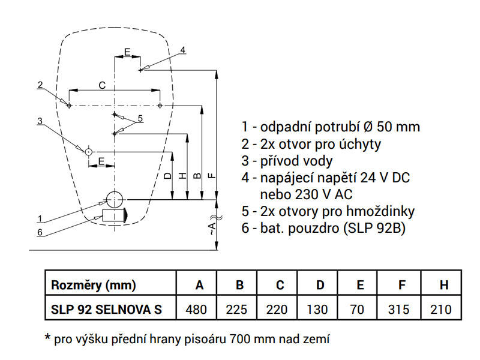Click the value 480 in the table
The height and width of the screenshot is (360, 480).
click(196, 309)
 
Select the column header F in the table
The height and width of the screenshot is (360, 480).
click(401, 285)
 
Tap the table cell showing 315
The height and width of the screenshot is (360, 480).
click(398, 309)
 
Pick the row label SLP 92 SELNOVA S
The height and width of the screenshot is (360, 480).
click(106, 309)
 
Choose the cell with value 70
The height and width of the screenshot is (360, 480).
click(357, 309)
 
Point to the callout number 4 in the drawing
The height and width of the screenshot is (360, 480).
click(182, 50)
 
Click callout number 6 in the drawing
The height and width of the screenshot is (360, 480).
click(40, 232)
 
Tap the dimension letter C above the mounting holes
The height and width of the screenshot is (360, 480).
click(102, 85)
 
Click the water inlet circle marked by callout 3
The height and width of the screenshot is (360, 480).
click(88, 152)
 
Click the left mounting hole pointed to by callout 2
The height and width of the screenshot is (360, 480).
click(69, 106)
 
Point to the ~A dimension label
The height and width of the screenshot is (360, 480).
click(212, 226)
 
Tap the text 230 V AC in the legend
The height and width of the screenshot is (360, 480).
click(324, 194)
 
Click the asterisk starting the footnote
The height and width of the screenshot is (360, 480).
click(47, 337)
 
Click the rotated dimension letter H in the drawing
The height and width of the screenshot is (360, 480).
click(182, 176)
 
